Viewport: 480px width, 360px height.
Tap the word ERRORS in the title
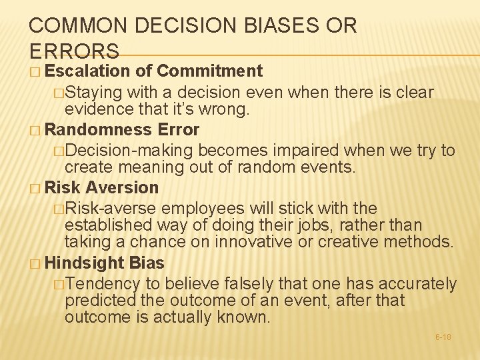pyautogui.click(x=75, y=51)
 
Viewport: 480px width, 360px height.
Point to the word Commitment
pyautogui.click(x=211, y=71)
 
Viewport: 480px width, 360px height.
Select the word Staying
pyautogui.click(x=92, y=92)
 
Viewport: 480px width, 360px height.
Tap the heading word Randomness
pyautogui.click(x=97, y=129)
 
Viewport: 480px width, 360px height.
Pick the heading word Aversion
pyautogui.click(x=122, y=188)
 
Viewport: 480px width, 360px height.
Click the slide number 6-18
pyautogui.click(x=443, y=337)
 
